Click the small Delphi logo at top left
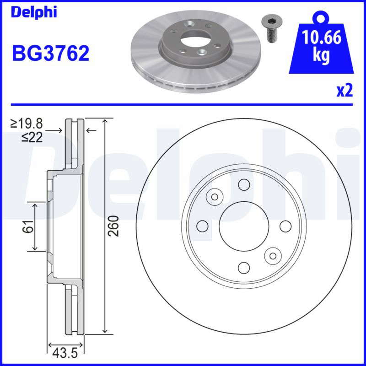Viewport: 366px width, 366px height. tap(34, 12)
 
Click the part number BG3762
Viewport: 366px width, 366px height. tap(51, 53)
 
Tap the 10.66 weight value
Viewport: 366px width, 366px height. tap(322, 37)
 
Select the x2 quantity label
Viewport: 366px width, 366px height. tap(344, 91)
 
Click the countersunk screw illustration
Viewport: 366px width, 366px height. tap(271, 29)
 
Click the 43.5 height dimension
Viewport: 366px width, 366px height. tap(65, 353)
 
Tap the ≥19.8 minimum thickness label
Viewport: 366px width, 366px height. tap(27, 124)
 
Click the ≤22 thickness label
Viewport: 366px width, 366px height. tap(32, 137)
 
